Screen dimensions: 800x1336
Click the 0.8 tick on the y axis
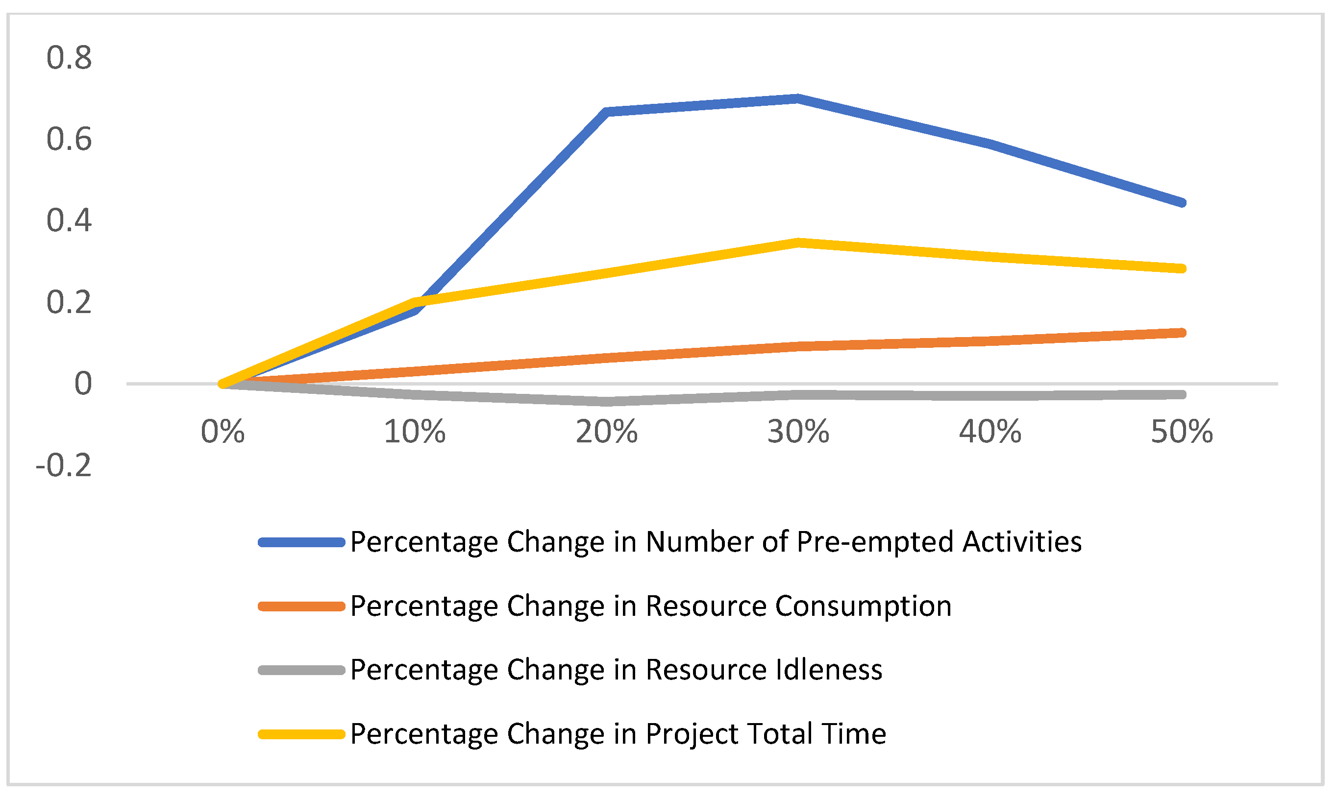click(x=69, y=58)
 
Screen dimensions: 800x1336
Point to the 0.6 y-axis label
click(x=69, y=139)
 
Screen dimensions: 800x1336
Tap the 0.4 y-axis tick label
click(x=69, y=220)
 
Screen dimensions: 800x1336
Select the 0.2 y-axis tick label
click(x=69, y=302)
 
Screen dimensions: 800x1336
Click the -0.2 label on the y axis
click(x=64, y=465)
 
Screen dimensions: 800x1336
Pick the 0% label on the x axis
click(x=223, y=432)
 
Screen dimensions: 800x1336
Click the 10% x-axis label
click(x=415, y=432)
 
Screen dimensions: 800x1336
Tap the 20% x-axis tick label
click(x=607, y=432)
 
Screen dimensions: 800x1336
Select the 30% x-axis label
click(x=798, y=432)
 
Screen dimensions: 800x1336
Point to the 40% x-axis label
click(x=990, y=432)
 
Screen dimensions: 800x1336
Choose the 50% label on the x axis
click(x=1182, y=432)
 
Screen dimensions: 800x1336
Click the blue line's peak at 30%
click(x=798, y=98)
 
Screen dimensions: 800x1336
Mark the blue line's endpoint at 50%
click(x=1181, y=203)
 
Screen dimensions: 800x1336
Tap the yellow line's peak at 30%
click(x=798, y=242)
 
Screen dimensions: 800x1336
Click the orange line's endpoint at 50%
click(x=1181, y=333)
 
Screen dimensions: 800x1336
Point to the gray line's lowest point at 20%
click(x=607, y=401)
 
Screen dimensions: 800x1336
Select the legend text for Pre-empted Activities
click(x=716, y=542)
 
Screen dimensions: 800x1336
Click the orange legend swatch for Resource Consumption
click(x=301, y=606)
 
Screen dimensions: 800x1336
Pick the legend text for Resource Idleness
click(x=616, y=670)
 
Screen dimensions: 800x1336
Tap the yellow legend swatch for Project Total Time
click(x=301, y=734)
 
